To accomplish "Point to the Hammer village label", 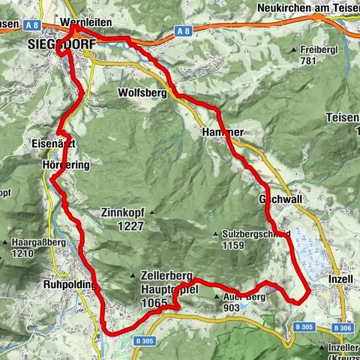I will click(223, 131).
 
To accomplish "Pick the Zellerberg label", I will click(163, 275).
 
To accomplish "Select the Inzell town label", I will click(340, 279).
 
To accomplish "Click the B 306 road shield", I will click(341, 328).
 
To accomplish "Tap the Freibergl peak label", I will click(315, 49).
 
